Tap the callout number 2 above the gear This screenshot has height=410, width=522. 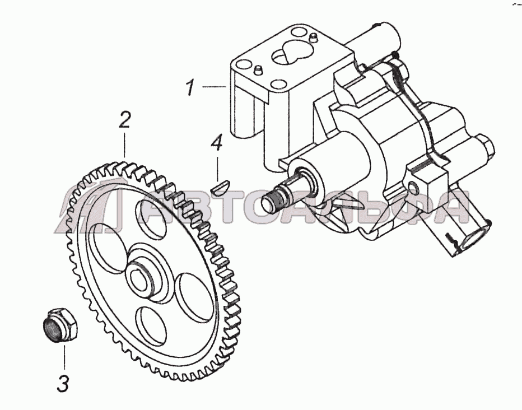coord(124,120)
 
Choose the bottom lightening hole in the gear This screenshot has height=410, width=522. coord(151,327)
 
